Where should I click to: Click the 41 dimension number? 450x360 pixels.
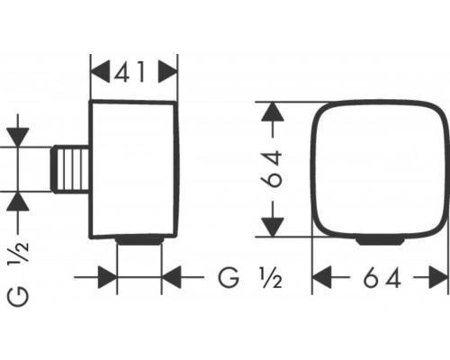[134, 70]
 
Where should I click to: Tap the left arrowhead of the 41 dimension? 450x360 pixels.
[101, 70]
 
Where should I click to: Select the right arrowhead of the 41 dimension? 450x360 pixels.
[167, 70]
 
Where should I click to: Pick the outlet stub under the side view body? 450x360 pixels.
[139, 240]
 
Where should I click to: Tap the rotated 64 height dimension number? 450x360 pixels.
[276, 168]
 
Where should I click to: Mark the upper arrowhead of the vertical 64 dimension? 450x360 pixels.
[276, 112]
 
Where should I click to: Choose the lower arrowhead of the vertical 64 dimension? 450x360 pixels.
[276, 226]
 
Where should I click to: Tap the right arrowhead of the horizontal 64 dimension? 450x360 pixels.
[438, 278]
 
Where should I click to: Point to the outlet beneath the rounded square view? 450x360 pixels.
[383, 240]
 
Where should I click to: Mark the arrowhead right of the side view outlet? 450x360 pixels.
[172, 278]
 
